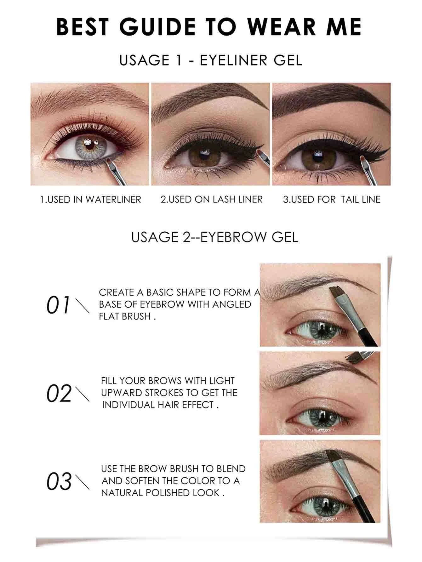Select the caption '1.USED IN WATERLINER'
pyautogui.click(x=90, y=199)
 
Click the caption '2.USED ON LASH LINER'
pyautogui.click(x=211, y=199)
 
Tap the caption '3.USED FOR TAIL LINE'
pyautogui.click(x=332, y=199)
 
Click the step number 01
pyautogui.click(x=58, y=305)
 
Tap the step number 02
pyautogui.click(x=59, y=393)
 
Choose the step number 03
pyautogui.click(x=59, y=481)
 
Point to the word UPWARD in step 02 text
pyautogui.click(x=122, y=393)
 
